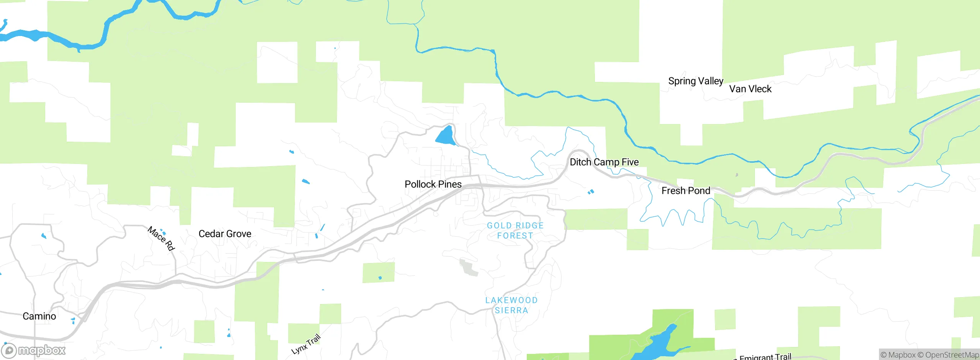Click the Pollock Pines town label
click(x=433, y=184)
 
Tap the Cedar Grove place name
click(x=225, y=234)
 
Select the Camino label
click(x=39, y=316)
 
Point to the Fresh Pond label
click(x=686, y=191)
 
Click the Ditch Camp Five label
click(x=604, y=162)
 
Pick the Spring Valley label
click(x=696, y=81)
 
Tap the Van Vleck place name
click(x=750, y=89)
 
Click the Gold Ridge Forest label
click(x=515, y=231)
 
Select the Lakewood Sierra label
click(x=511, y=305)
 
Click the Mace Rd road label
click(x=161, y=238)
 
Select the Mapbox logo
click(x=34, y=350)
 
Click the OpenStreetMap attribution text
click(x=952, y=355)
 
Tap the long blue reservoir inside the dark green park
click(x=658, y=345)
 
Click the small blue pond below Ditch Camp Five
click(x=591, y=191)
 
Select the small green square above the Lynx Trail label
click(x=330, y=314)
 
